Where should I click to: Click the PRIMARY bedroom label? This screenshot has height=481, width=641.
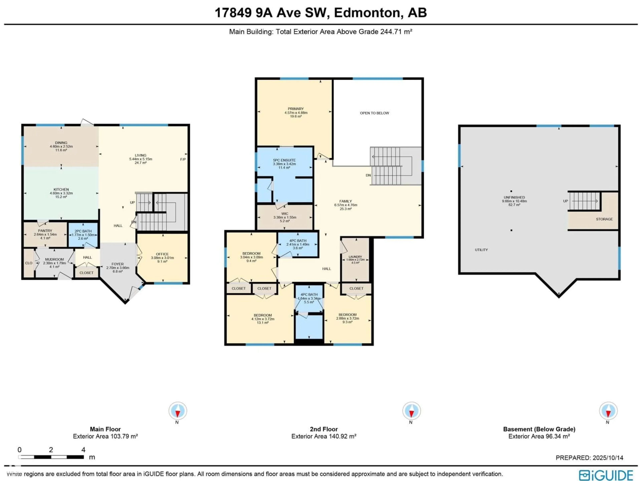pyautogui.click(x=296, y=109)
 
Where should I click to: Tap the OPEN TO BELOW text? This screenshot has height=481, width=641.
pyautogui.click(x=374, y=113)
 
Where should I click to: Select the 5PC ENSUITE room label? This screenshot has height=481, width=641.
pyautogui.click(x=284, y=160)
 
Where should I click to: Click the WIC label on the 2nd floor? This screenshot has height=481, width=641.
pyautogui.click(x=285, y=214)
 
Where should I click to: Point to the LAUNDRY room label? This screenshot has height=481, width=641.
pyautogui.click(x=355, y=257)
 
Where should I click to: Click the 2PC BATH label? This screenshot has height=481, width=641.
pyautogui.click(x=83, y=231)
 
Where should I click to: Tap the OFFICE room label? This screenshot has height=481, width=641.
pyautogui.click(x=162, y=254)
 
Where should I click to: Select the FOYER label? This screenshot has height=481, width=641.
pyautogui.click(x=118, y=264)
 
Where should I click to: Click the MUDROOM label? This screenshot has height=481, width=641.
pyautogui.click(x=54, y=260)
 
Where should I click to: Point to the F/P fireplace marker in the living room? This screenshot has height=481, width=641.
pyautogui.click(x=183, y=159)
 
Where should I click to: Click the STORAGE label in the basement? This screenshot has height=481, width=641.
pyautogui.click(x=604, y=219)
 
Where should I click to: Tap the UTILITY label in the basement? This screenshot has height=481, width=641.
pyautogui.click(x=481, y=250)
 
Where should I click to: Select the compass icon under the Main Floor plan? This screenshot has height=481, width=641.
pyautogui.click(x=178, y=411)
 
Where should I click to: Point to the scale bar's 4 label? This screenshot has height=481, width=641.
pyautogui.click(x=83, y=450)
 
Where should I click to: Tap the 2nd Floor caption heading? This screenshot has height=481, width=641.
pyautogui.click(x=324, y=429)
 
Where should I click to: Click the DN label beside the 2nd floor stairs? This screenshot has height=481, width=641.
pyautogui.click(x=368, y=175)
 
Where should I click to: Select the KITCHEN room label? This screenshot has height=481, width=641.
pyautogui.click(x=61, y=190)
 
